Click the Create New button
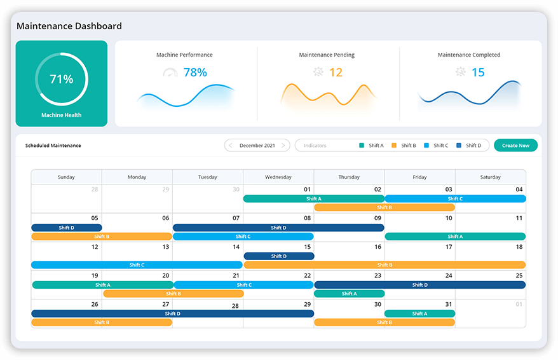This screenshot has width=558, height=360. click(515, 146)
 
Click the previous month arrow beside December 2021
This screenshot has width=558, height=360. click(231, 146)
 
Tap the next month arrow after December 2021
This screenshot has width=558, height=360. click(283, 146)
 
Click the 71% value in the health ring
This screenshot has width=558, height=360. click(62, 80)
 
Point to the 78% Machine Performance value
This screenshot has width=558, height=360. click(195, 73)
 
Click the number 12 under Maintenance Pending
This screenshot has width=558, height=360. click(336, 73)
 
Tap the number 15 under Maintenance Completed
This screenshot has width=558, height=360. click(478, 73)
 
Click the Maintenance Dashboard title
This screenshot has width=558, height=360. click(69, 26)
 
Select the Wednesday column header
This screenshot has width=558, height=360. click(278, 177)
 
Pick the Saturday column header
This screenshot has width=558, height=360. click(490, 177)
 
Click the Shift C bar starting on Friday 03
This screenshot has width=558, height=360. click(455, 198)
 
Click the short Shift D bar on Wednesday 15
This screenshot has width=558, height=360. click(278, 256)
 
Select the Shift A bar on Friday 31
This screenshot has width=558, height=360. click(419, 314)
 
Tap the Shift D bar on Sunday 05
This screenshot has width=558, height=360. click(67, 228)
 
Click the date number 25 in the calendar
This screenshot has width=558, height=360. click(519, 275)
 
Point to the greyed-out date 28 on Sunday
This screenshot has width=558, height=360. click(95, 190)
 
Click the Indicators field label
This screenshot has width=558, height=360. click(315, 146)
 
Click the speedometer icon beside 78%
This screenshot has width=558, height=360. click(170, 73)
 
